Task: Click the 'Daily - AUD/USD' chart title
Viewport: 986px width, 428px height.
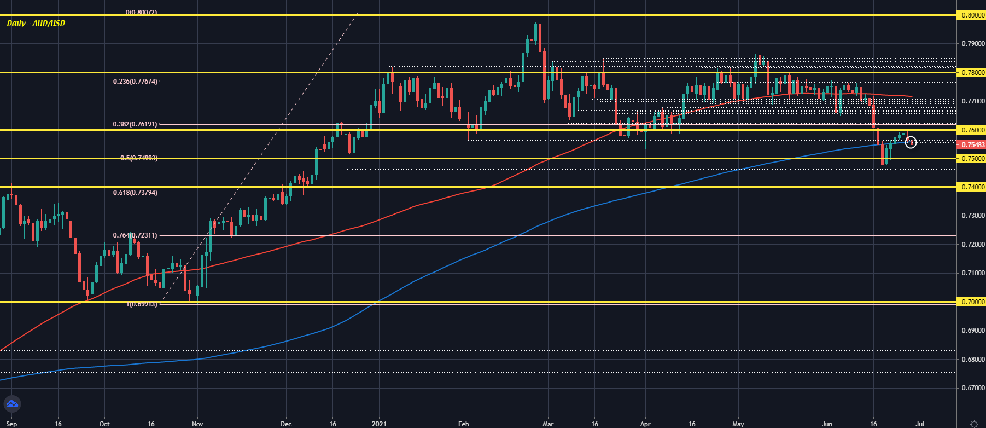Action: (x=36, y=24)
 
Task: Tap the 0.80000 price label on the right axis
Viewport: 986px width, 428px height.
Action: (x=973, y=15)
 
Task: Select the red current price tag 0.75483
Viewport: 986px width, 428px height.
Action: (x=973, y=145)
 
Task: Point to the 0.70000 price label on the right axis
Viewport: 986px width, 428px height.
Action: (x=973, y=302)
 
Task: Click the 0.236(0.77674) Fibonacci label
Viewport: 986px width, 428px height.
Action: (x=135, y=82)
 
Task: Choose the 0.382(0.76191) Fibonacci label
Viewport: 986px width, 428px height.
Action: (x=135, y=124)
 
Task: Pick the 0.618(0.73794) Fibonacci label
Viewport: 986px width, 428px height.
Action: (x=135, y=193)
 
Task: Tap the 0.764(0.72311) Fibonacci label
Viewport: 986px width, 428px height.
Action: (x=135, y=235)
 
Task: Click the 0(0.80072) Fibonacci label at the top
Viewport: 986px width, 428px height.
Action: (x=141, y=12)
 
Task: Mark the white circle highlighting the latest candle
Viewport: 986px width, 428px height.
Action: (x=911, y=142)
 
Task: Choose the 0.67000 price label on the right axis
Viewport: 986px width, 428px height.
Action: (x=973, y=388)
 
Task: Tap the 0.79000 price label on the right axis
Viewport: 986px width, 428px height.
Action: (x=973, y=44)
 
